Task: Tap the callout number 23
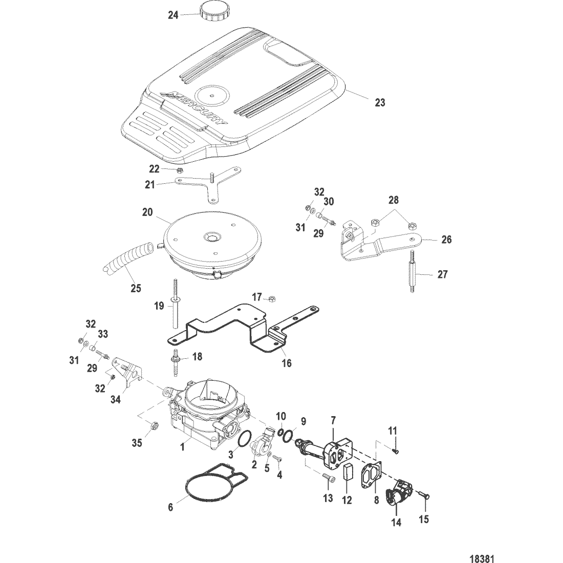click(380, 102)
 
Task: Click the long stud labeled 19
click(175, 306)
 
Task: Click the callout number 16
click(287, 363)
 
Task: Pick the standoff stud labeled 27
click(414, 275)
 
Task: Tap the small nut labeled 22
click(180, 170)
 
